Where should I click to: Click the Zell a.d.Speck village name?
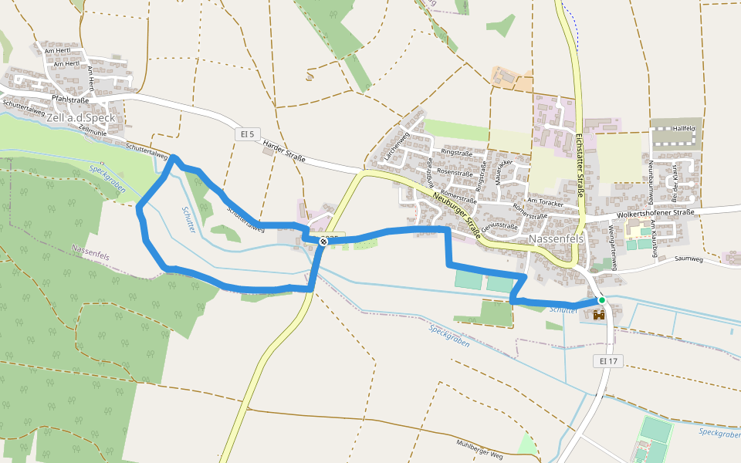coord(81,118)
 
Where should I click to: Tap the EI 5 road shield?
coord(245,134)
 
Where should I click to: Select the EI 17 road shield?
coord(607,360)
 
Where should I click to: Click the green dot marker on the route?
coord(601,299)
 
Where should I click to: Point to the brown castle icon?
coord(600,314)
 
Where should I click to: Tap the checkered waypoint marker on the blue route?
coord(323,242)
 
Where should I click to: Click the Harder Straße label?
coord(283,152)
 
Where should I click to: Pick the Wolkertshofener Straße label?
coord(655,212)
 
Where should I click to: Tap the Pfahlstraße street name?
coord(70,100)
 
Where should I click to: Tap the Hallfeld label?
coord(684,128)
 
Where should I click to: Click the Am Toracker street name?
coord(543,201)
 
